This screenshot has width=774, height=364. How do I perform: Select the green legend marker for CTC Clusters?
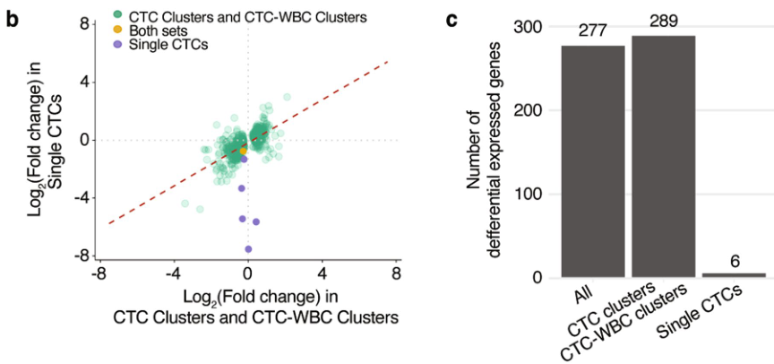pos(118,15)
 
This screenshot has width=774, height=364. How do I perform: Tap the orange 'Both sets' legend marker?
pos(118,30)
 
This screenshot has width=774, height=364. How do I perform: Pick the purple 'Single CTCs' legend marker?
pos(118,44)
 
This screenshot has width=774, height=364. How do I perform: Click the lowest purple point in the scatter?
pos(248,249)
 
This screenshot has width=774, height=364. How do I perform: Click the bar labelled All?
pos(593,161)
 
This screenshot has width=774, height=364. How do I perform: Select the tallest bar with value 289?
pos(664,157)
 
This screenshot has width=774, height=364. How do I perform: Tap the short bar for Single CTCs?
pos(734,274)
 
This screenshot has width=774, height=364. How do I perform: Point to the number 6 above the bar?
pos(734,263)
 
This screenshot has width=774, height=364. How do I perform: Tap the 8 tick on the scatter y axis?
pos(82,23)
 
